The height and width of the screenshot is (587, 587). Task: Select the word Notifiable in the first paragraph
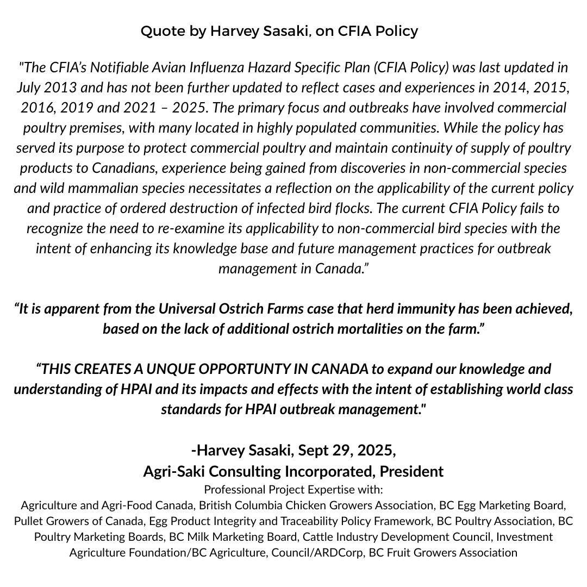[116, 68]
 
